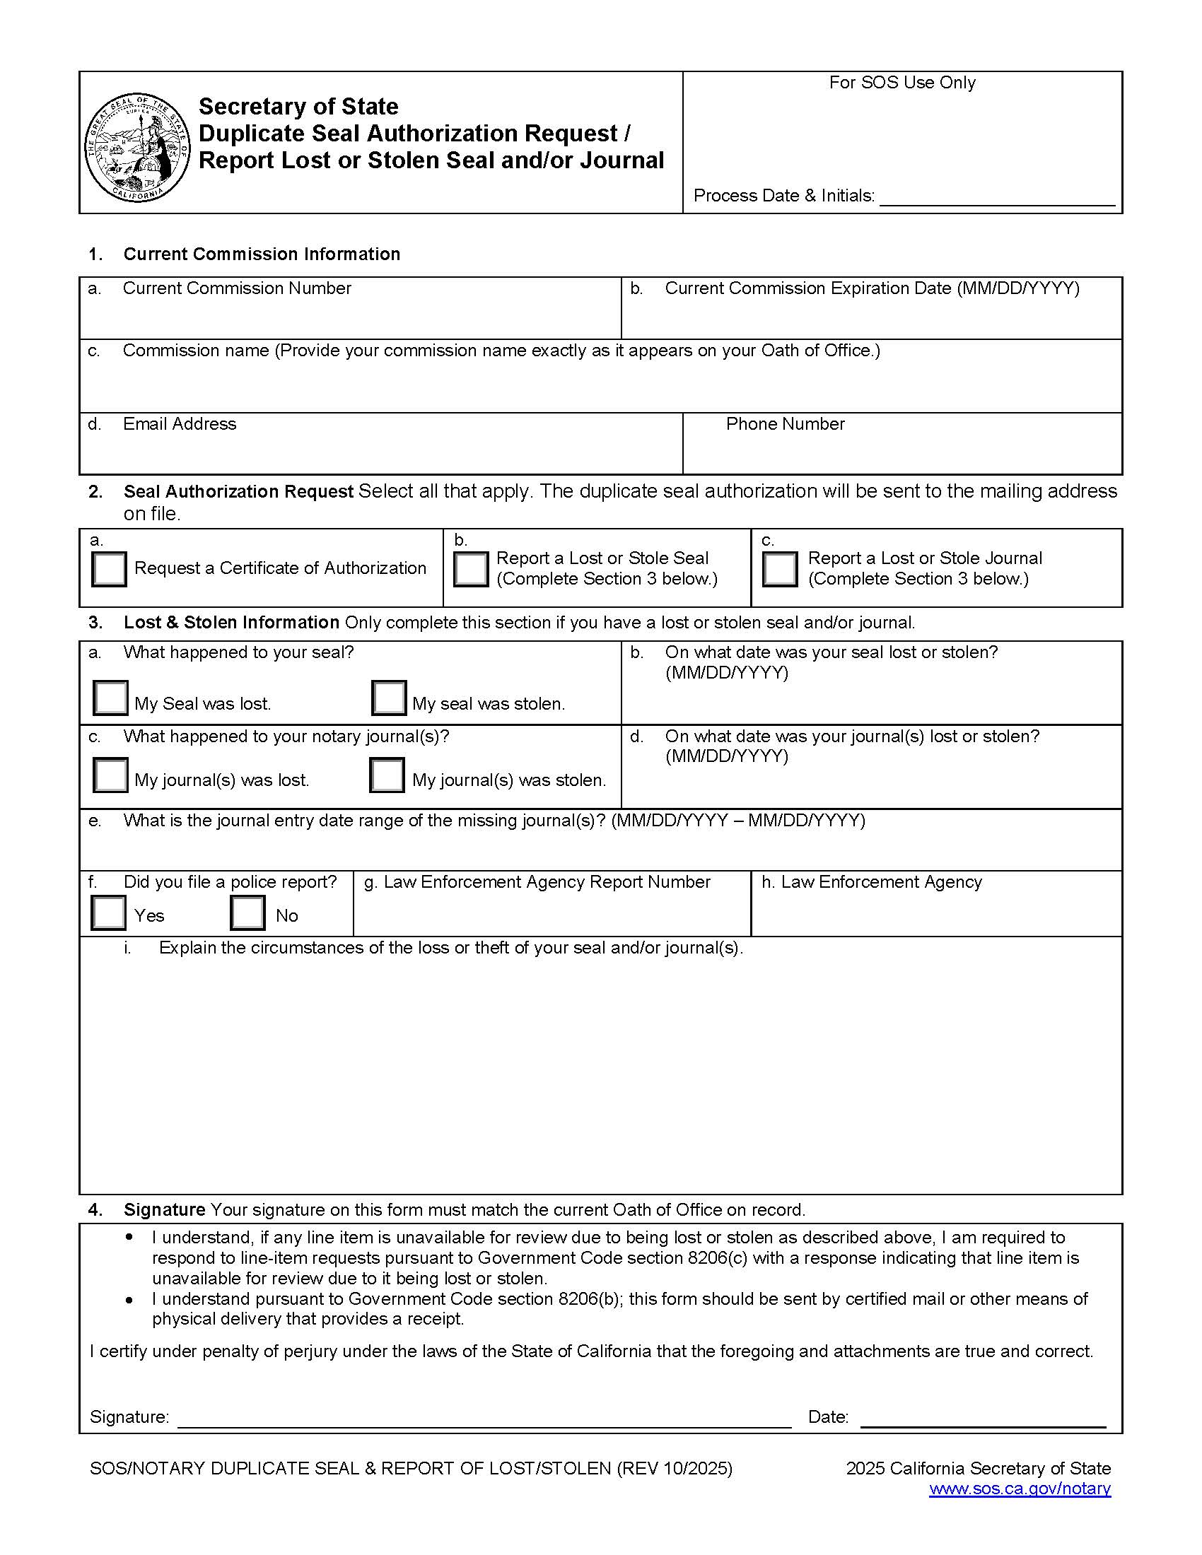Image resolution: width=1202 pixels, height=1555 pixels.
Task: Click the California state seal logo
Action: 136,148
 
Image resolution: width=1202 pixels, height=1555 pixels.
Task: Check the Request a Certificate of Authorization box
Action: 109,569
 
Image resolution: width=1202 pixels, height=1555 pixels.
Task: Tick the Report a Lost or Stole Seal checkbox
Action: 471,569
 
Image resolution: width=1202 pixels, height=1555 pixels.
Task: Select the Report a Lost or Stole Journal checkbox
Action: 780,569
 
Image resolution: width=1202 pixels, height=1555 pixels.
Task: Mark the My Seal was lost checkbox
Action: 110,698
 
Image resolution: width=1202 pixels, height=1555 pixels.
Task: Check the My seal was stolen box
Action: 389,698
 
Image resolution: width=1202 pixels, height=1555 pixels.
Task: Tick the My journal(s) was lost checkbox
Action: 110,775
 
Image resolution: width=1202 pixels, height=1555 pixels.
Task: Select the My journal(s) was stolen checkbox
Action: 387,775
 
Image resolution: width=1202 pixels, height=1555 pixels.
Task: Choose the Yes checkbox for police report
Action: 109,913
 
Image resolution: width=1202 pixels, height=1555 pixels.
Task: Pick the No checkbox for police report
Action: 247,913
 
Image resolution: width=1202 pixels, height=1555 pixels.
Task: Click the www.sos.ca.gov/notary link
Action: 1019,1488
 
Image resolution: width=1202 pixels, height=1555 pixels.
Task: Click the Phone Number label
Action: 785,423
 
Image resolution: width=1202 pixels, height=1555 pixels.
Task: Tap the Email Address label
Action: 180,423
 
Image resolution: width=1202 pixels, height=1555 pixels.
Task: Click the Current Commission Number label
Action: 237,288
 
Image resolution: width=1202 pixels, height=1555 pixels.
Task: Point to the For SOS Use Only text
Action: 901,83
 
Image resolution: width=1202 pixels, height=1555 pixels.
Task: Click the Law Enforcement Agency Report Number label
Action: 546,882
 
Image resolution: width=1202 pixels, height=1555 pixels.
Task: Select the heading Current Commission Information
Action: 262,254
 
